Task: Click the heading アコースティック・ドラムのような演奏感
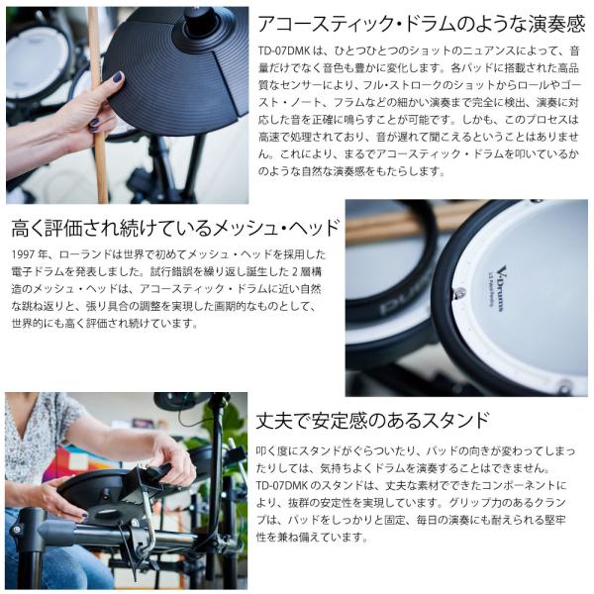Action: coord(422,24)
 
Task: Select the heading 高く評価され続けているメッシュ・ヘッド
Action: coord(175,228)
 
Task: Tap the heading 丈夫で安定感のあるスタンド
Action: coord(373,420)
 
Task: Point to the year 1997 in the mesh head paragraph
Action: coord(23,254)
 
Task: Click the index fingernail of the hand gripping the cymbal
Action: coord(118,77)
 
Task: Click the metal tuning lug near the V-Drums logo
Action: coord(458,293)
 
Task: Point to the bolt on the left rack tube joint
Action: coord(16,529)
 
